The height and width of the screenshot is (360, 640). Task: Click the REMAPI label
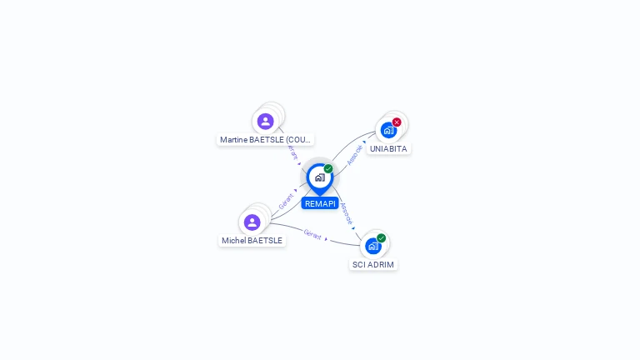coord(320,203)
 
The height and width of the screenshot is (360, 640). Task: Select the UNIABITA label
coord(388,148)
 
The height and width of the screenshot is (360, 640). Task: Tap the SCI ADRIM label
coord(372,264)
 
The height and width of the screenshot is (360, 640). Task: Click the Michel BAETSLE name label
coord(252,240)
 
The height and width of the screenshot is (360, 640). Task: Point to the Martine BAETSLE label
coord(265,139)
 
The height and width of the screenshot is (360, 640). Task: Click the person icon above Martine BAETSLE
coord(266,122)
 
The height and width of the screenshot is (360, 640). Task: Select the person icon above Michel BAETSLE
coord(252,222)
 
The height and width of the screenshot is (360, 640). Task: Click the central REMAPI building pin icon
coord(319,177)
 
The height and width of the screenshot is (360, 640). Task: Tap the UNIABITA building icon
coord(388,130)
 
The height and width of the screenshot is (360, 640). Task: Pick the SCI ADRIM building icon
coord(373,246)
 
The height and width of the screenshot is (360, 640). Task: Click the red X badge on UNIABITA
coord(397,122)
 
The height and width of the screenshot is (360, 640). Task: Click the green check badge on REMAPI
coord(328,168)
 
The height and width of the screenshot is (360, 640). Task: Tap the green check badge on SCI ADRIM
coord(382,238)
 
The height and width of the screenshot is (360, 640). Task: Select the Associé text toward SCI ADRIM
coord(347,213)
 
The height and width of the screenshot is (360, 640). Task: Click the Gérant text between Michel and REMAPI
coord(286,201)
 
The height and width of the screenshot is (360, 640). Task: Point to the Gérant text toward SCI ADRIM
coord(312,234)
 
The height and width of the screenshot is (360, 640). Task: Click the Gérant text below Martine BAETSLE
coord(292,152)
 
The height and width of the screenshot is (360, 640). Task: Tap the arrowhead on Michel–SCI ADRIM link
coord(327,239)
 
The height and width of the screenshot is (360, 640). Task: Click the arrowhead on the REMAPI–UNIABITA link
coord(364,142)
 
